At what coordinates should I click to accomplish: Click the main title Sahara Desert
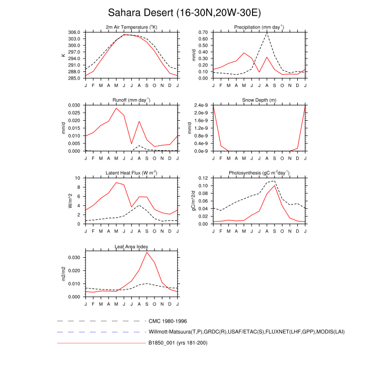184,12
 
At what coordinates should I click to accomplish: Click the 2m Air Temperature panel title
131,27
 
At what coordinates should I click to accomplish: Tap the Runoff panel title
131,100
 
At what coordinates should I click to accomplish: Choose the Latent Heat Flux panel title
131,173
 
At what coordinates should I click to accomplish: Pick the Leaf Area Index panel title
131,246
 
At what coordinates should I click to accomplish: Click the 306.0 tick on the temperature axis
74,32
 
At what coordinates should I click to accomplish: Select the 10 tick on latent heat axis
79,178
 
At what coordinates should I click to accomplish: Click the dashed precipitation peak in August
267,33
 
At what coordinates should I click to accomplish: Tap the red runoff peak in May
116,108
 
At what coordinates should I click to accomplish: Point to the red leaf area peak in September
147,252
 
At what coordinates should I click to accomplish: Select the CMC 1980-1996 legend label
168,321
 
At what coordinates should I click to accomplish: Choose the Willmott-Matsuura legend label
232,332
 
